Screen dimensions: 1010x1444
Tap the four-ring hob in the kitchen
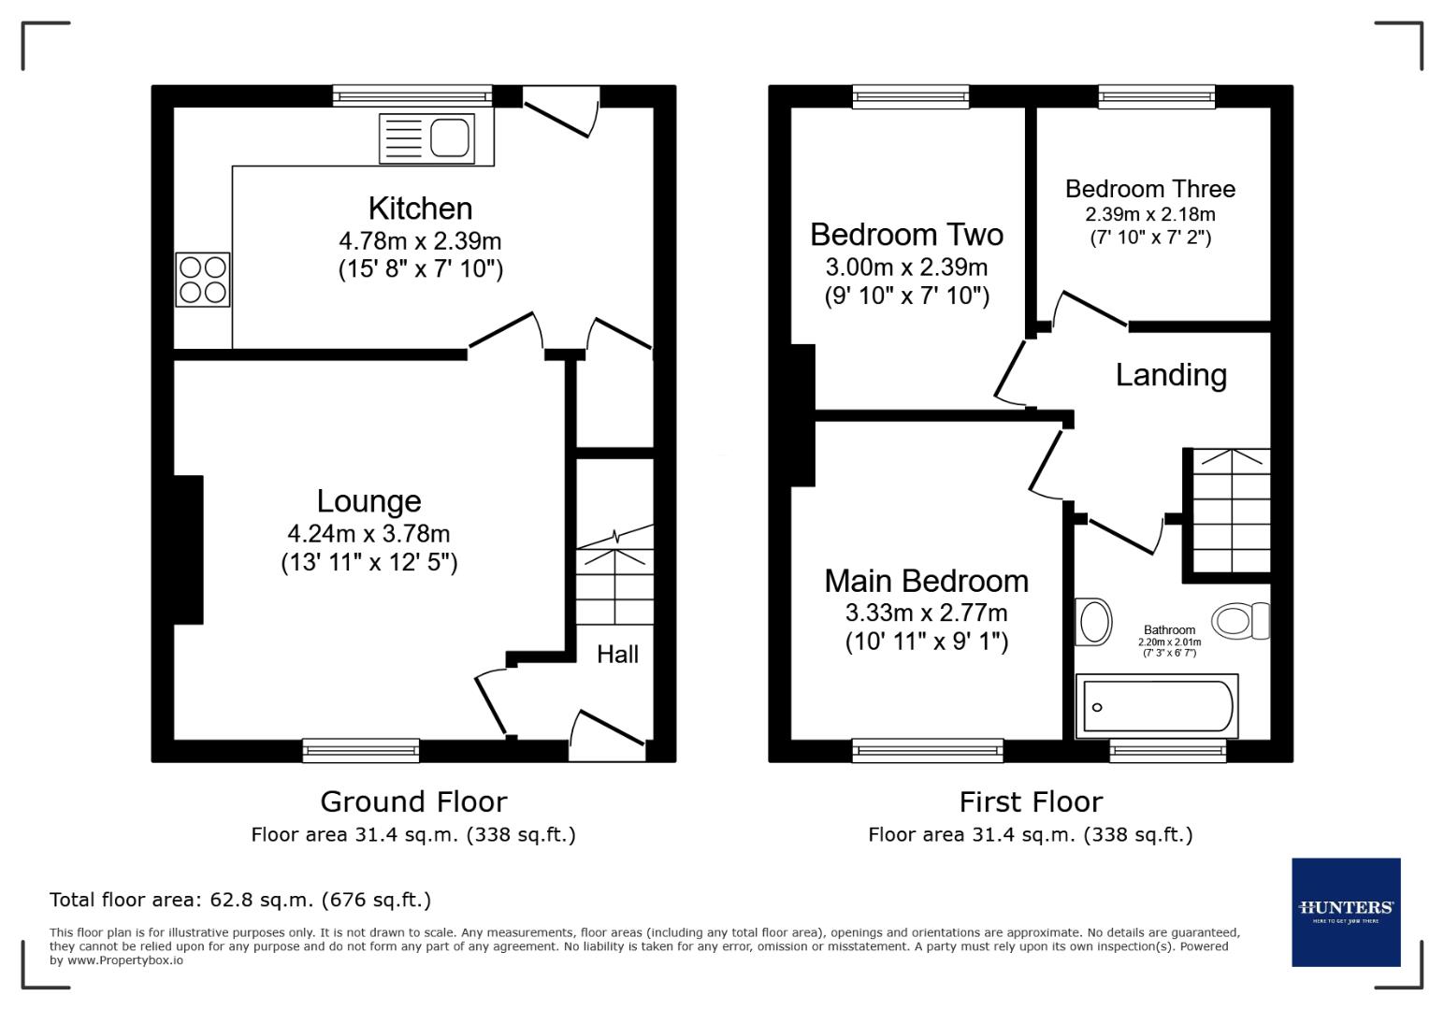pyautogui.click(x=203, y=280)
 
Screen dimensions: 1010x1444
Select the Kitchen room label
pyautogui.click(x=420, y=208)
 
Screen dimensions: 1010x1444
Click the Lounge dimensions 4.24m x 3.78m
pyautogui.click(x=368, y=534)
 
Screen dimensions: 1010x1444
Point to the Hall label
pyautogui.click(x=617, y=654)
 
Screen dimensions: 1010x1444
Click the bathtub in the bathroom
pyautogui.click(x=1157, y=706)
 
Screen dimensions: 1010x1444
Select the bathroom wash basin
pyautogui.click(x=1092, y=621)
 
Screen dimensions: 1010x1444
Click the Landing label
pyautogui.click(x=1171, y=375)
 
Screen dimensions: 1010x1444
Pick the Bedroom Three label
pyautogui.click(x=1149, y=189)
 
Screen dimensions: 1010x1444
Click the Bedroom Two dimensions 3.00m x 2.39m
pyautogui.click(x=906, y=267)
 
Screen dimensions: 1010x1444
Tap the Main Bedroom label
pyautogui.click(x=926, y=581)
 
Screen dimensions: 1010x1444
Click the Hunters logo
pyautogui.click(x=1346, y=912)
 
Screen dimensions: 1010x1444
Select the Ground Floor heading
pyautogui.click(x=413, y=801)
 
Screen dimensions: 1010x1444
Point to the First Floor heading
pyautogui.click(x=1031, y=801)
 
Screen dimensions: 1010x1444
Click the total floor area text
pyautogui.click(x=240, y=900)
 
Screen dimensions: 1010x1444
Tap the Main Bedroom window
pyautogui.click(x=927, y=749)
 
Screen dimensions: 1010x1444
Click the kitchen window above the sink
pyautogui.click(x=412, y=95)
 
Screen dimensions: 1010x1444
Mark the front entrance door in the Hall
pyautogui.click(x=606, y=734)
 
